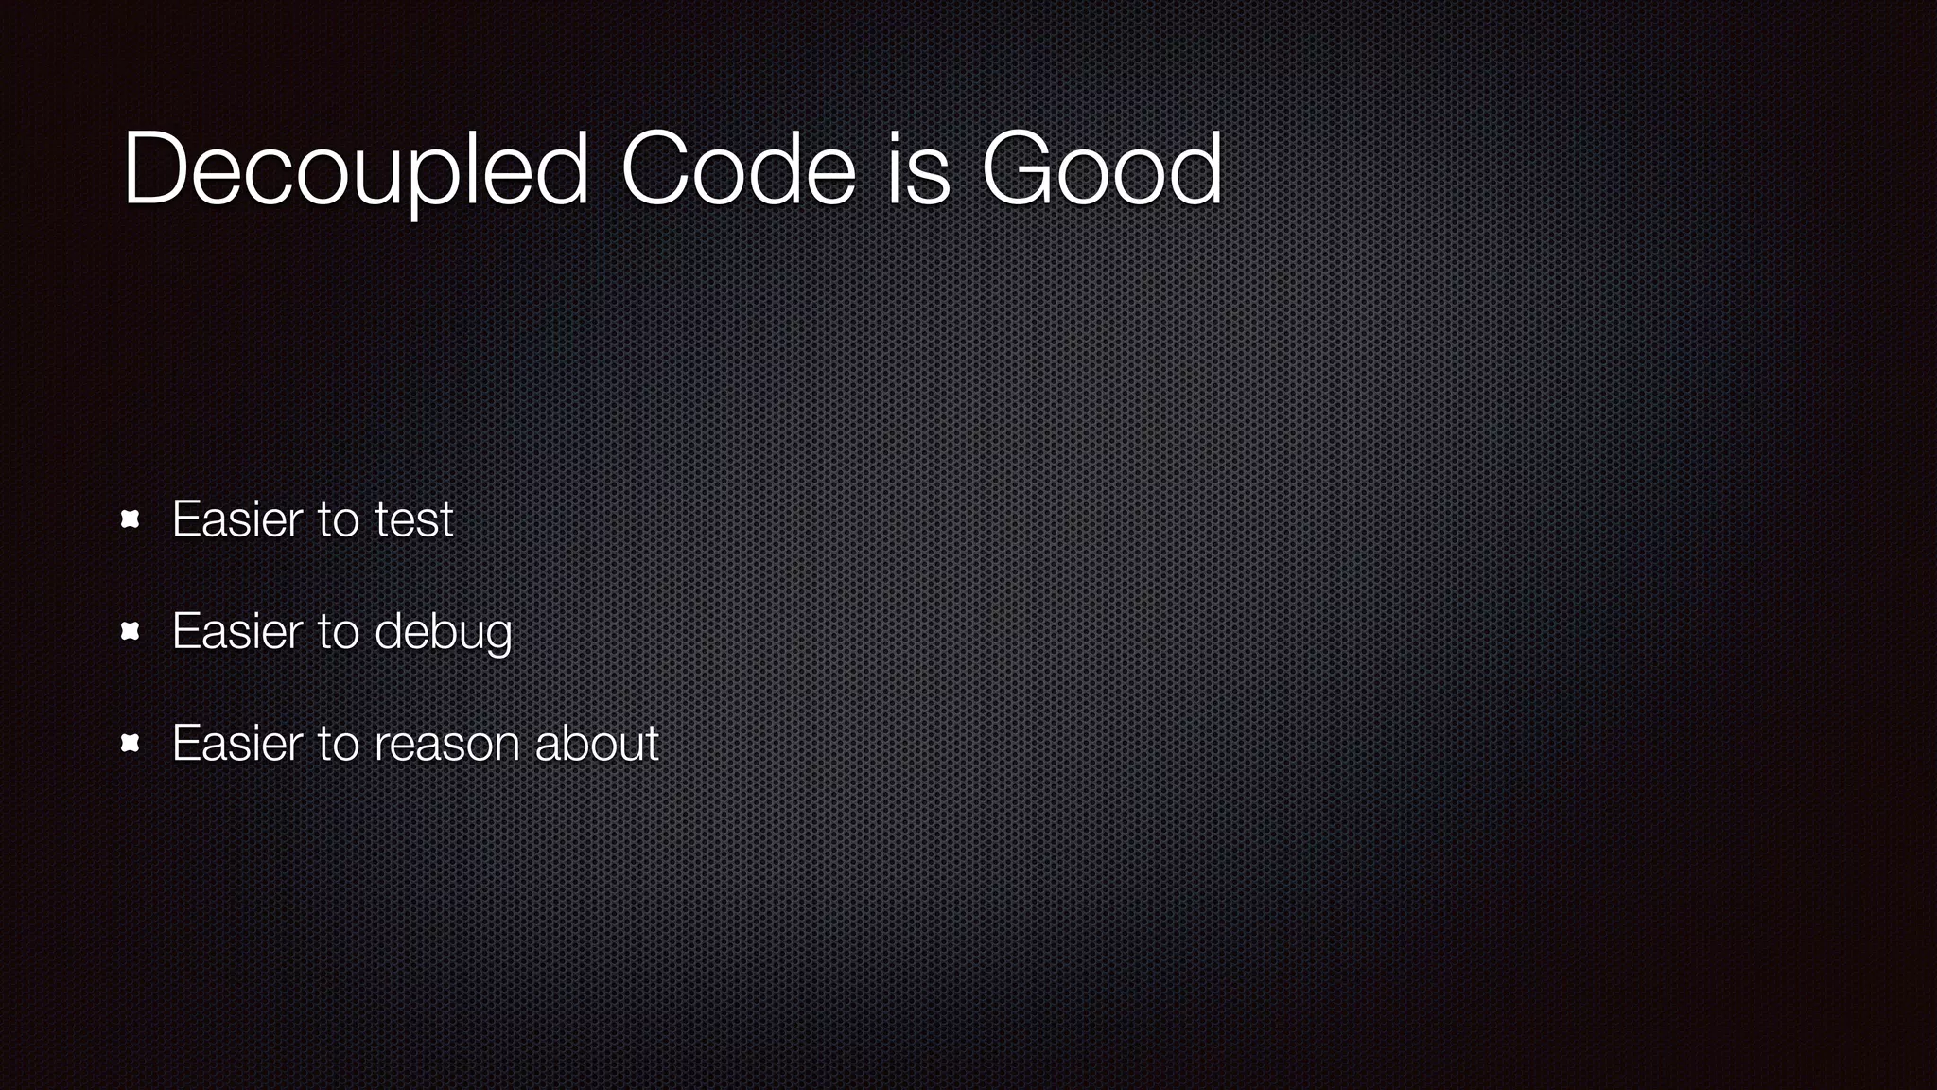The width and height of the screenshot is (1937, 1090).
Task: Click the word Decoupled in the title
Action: pos(356,170)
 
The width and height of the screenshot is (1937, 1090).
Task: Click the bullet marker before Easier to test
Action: pos(131,519)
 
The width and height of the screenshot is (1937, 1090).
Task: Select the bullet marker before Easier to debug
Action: pos(131,631)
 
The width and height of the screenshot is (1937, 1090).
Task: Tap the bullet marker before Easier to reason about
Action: pos(131,743)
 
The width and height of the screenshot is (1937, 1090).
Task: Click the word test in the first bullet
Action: pos(414,519)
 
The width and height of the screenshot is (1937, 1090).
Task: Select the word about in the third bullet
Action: pos(597,743)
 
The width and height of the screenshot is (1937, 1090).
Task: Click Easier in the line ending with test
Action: pos(237,519)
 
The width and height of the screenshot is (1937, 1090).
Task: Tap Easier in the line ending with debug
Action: pos(237,631)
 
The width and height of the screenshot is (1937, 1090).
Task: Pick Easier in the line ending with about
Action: pos(237,743)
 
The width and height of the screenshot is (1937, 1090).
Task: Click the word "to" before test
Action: pos(338,519)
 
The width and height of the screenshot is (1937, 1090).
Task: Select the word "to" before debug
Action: pos(338,632)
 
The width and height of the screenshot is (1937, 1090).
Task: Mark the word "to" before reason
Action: pos(338,744)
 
